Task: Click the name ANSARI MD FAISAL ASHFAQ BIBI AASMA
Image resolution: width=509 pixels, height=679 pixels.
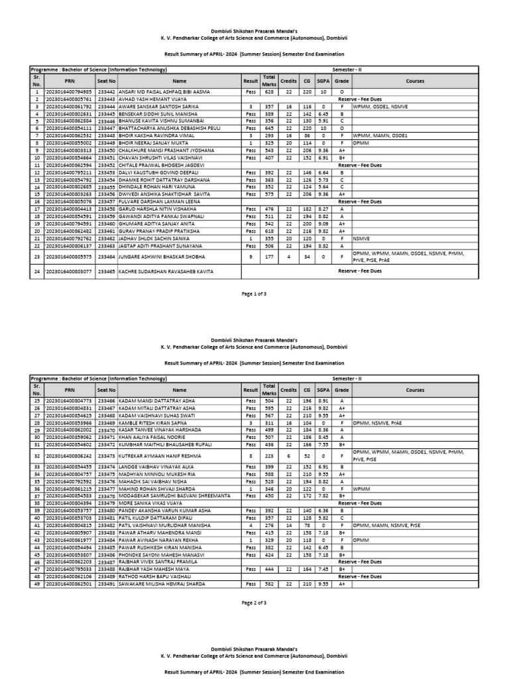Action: coord(164,92)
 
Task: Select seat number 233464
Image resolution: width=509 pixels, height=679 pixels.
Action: coord(106,255)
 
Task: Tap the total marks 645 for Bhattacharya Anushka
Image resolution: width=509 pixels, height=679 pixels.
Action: coord(268,129)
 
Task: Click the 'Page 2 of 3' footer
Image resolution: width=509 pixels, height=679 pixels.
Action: coord(254,602)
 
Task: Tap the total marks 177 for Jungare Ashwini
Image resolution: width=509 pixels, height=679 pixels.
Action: coord(268,255)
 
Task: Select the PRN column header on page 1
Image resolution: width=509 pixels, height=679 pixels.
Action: coord(70,80)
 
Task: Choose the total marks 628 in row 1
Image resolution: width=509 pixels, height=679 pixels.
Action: coord(268,92)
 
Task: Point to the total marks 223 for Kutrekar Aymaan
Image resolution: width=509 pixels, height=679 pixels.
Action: coord(268,457)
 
